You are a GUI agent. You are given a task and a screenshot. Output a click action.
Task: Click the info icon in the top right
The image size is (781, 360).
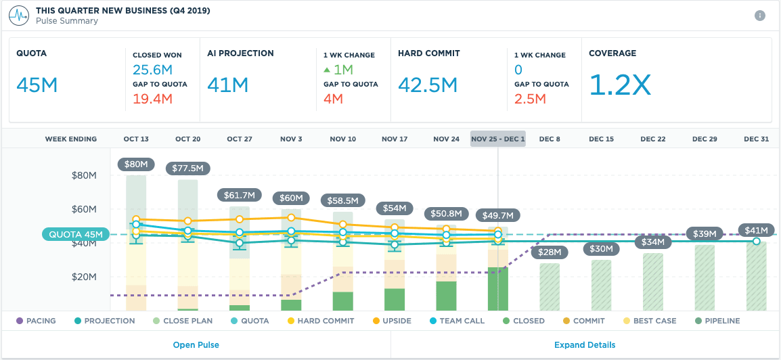[x=760, y=16]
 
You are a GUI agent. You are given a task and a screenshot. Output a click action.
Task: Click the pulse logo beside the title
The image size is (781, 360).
[x=18, y=16]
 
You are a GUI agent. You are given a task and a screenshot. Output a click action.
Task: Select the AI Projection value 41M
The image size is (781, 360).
[x=228, y=85]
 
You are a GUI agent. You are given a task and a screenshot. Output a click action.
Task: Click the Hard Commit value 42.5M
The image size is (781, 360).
[x=428, y=85]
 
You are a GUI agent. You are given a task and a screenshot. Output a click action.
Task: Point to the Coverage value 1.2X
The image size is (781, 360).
[x=620, y=85]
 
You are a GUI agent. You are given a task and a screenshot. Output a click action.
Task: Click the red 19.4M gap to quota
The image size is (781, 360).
[x=153, y=99]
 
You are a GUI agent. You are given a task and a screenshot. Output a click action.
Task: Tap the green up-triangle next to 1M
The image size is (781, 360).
[x=327, y=70]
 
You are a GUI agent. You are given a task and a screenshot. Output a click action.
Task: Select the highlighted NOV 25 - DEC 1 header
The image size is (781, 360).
[x=497, y=139]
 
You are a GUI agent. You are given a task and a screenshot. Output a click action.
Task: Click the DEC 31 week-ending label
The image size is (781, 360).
[x=756, y=139]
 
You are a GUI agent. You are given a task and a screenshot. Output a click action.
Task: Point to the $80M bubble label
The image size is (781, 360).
[x=136, y=164]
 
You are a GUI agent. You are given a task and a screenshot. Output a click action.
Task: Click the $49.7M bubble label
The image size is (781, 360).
[x=498, y=215]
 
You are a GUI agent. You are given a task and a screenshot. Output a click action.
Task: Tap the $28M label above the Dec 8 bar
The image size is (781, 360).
[x=549, y=252]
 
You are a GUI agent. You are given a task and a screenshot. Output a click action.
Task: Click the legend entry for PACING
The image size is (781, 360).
[x=37, y=321]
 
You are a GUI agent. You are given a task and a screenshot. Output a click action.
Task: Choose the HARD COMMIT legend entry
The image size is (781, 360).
[x=320, y=321]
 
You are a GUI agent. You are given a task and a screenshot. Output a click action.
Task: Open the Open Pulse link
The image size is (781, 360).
[x=196, y=344]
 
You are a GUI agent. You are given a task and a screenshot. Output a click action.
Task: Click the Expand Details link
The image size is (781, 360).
[x=585, y=344]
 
